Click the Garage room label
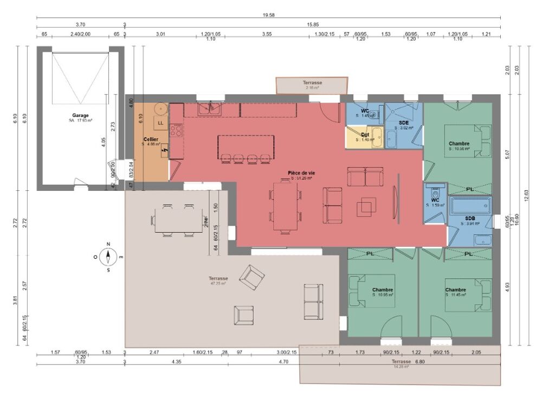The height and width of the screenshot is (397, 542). (80, 116)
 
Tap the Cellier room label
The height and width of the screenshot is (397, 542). (151, 140)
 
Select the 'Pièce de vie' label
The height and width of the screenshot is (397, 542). (301, 173)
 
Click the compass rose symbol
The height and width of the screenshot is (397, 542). (108, 256)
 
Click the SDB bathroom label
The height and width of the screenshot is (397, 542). (470, 217)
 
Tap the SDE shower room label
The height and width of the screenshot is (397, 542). (404, 123)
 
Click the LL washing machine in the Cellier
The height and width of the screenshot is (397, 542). (160, 123)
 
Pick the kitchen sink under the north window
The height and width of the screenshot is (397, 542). (210, 109)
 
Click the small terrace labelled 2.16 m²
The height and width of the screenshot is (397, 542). (311, 85)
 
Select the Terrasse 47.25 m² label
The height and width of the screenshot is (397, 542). (218, 280)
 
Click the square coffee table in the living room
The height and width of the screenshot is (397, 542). (366, 206)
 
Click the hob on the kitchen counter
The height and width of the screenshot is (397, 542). (176, 130)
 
